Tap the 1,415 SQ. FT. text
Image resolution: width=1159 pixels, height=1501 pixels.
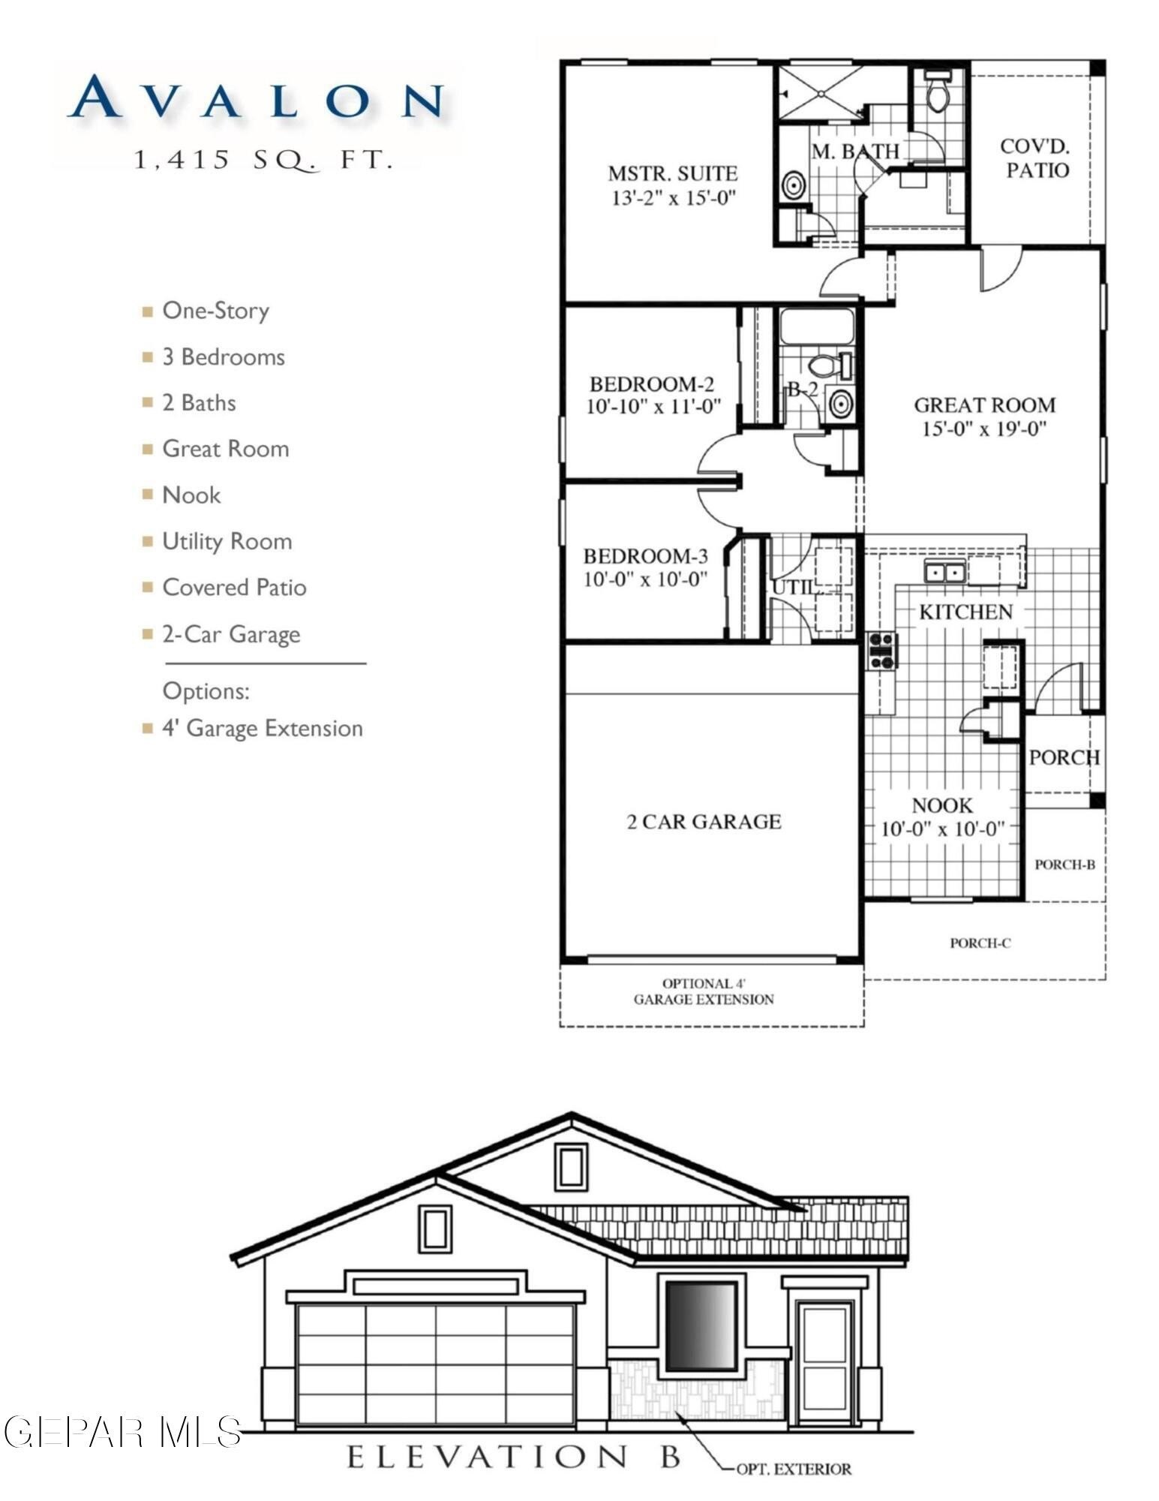(263, 160)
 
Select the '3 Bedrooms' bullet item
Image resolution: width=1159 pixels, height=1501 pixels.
(223, 356)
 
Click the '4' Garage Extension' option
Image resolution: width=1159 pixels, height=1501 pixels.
(262, 728)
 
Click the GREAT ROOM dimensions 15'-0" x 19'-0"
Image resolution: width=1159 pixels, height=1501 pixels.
(983, 429)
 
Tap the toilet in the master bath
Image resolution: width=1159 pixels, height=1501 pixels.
(937, 93)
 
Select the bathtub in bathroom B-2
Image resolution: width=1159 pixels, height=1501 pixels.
(817, 327)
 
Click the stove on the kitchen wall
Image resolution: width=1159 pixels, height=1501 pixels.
(882, 651)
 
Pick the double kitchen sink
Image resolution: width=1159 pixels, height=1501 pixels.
(944, 573)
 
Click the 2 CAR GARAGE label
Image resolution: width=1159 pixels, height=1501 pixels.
(704, 822)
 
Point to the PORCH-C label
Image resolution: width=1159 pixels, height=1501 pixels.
(980, 943)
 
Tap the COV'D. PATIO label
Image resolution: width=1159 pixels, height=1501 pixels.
(1036, 158)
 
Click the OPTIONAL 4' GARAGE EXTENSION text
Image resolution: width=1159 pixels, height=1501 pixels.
(703, 991)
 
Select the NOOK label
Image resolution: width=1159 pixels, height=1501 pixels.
(941, 805)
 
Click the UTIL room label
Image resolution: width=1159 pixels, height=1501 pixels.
(793, 587)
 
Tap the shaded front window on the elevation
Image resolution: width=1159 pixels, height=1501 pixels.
(701, 1325)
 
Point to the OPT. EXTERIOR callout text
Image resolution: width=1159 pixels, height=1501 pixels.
(793, 1469)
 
